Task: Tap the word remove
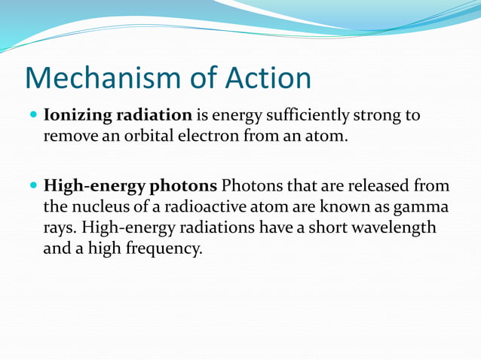pos(69,137)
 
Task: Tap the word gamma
pos(421,206)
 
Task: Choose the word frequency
pos(164,248)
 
